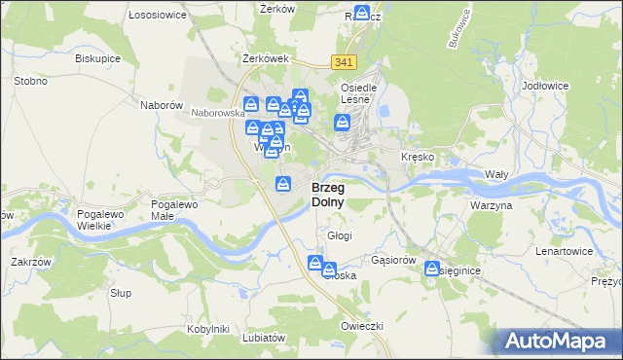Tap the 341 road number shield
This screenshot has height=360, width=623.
pos(343,62)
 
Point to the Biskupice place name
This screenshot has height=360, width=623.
pos(97,57)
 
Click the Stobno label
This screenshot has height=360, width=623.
pos(30,81)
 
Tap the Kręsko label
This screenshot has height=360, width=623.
pos(417,157)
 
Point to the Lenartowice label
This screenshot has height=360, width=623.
pos(564,251)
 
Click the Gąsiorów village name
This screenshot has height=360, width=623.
pos(394,261)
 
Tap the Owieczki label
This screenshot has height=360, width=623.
pos(362,325)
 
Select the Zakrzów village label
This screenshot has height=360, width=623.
pos(30,262)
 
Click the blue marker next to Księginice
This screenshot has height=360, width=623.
pos(432,270)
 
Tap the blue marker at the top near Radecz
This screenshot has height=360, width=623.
pos(362,14)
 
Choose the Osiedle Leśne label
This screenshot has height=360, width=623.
pos(358,92)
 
